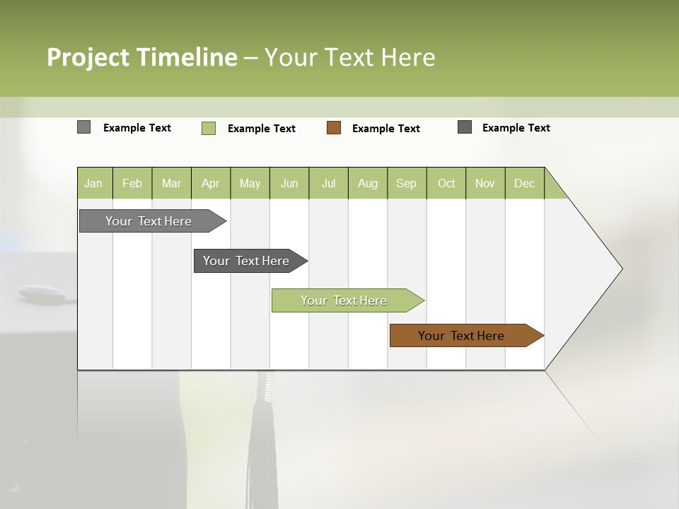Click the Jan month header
pyautogui.click(x=94, y=183)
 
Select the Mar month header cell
pyautogui.click(x=171, y=183)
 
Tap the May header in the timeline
pyautogui.click(x=250, y=183)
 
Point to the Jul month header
pyautogui.click(x=328, y=183)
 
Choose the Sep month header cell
pyautogui.click(x=406, y=183)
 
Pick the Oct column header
pyautogui.click(x=446, y=183)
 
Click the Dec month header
pyautogui.click(x=524, y=183)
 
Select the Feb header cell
pyautogui.click(x=132, y=183)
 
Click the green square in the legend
pyautogui.click(x=209, y=128)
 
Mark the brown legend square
pyautogui.click(x=334, y=128)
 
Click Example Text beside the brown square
pyautogui.click(x=386, y=129)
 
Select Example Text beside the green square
pyautogui.click(x=262, y=129)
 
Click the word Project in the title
pyautogui.click(x=88, y=57)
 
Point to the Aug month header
pyautogui.click(x=368, y=183)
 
